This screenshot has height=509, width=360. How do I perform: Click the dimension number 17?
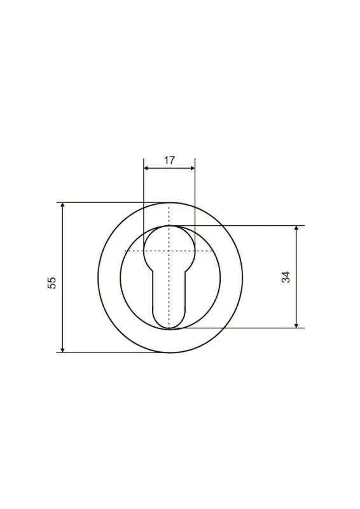pyautogui.click(x=169, y=160)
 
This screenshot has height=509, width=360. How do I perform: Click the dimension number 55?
pyautogui.click(x=52, y=282)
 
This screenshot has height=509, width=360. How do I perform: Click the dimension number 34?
pyautogui.click(x=286, y=277)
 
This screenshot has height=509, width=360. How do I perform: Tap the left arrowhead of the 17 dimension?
pyautogui.click(x=146, y=168)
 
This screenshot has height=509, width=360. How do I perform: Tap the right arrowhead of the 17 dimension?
pyautogui.click(x=192, y=168)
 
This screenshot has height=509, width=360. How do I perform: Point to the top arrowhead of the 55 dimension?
pyautogui.click(x=63, y=206)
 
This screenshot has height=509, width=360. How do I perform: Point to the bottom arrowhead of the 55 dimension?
pyautogui.click(x=63, y=349)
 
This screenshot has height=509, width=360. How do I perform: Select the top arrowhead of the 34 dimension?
pyautogui.click(x=296, y=228)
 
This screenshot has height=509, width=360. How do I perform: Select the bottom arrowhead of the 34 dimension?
pyautogui.click(x=296, y=325)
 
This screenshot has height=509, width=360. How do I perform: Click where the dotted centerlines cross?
pyautogui.click(x=169, y=251)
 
